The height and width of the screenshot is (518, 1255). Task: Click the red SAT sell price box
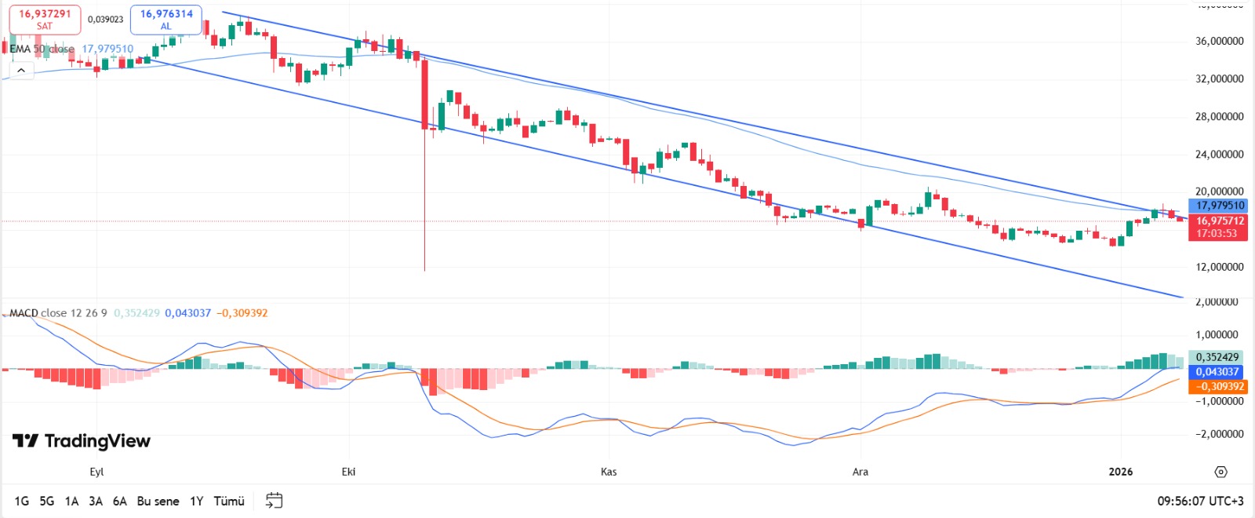45,20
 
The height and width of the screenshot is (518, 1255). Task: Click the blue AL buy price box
166,20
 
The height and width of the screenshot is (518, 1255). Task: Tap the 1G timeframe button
21,501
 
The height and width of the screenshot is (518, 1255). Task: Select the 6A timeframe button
119,501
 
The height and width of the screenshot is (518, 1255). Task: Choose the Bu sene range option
158,501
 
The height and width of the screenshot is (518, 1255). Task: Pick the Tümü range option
229,501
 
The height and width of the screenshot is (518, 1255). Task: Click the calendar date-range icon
274,500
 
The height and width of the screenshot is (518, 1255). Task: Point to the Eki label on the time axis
348,472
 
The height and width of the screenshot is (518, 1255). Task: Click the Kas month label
609,472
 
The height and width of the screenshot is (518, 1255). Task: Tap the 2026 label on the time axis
1120,472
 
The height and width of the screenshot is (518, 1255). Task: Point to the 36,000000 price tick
1219,41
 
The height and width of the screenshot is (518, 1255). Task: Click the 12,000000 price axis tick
1219,267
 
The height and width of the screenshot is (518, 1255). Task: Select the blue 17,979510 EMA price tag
1218,206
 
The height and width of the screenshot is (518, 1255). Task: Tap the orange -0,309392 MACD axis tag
1218,386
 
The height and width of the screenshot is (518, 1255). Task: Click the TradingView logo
82,441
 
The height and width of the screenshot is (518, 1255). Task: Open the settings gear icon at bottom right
1220,472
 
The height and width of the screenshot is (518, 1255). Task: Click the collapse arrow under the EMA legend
21,71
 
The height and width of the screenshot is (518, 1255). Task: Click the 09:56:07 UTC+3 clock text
1200,501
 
